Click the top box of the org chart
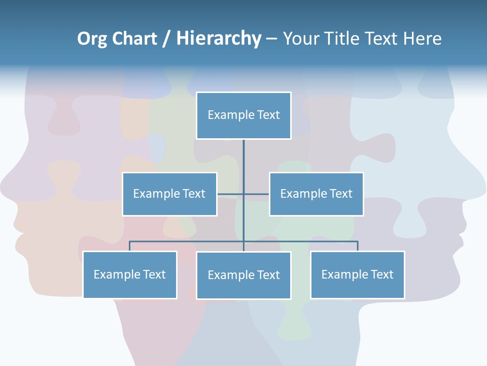tap(243, 115)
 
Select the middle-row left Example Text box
tap(169, 194)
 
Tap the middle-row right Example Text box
tap(316, 194)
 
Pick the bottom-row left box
tap(130, 274)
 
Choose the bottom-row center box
tap(243, 275)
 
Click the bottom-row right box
tap(357, 274)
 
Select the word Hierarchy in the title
tap(219, 39)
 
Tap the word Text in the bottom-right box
tap(381, 274)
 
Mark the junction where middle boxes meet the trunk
tap(243, 194)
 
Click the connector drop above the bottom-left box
tap(130, 246)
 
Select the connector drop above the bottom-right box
tap(357, 246)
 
